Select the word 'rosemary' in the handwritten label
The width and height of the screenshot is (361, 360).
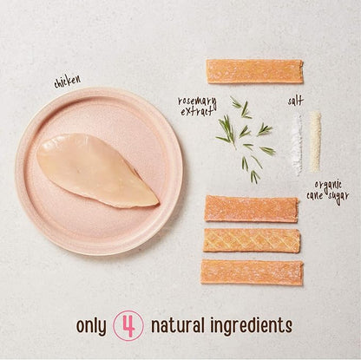197,101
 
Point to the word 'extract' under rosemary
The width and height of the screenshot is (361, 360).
198,111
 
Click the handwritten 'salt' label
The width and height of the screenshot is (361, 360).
295,101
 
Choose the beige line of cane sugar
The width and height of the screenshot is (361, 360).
315,141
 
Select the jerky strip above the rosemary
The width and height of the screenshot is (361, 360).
255,71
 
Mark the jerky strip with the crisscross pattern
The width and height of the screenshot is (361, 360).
252,240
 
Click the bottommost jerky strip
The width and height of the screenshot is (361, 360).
252,272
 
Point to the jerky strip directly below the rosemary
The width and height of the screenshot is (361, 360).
252,209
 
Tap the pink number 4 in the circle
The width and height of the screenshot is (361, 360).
128,325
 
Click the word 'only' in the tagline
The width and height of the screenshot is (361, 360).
91,326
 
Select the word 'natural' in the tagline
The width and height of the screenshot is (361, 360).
178,324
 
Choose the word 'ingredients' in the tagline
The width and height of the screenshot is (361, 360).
251,326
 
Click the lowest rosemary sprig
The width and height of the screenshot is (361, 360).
254,177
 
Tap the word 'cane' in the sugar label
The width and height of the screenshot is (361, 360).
316,196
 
